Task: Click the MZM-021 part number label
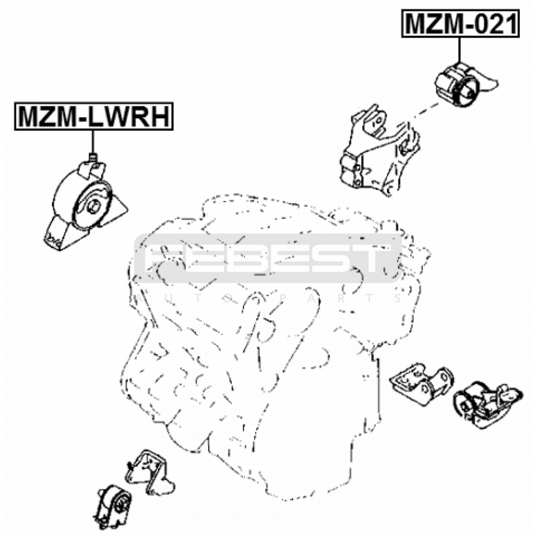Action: (460, 23)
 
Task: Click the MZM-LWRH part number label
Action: (93, 116)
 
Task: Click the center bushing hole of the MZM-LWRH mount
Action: (94, 206)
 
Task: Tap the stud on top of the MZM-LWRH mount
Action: (93, 157)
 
